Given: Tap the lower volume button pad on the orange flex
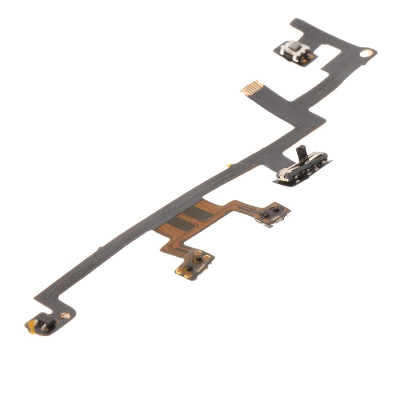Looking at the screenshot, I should pyautogui.click(x=194, y=265).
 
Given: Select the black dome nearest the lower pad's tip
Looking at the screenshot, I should pyautogui.click(x=190, y=269).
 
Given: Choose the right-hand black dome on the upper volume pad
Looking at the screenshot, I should pyautogui.click(x=276, y=210).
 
